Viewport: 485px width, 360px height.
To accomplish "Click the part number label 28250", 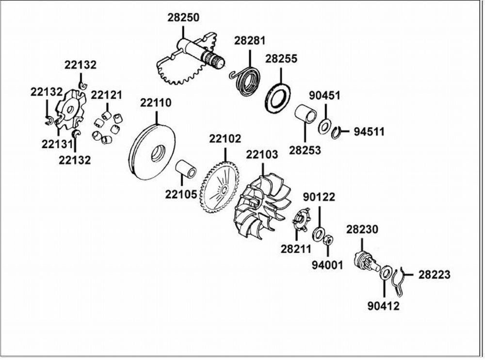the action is click(x=183, y=17).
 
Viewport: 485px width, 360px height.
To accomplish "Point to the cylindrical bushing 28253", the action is click(x=305, y=115).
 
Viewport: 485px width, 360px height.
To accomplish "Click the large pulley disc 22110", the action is click(x=151, y=153).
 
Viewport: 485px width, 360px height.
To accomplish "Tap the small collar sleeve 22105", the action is click(x=186, y=169).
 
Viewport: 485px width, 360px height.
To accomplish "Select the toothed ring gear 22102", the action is click(x=220, y=188).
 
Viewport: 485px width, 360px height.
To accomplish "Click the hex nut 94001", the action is click(x=328, y=239).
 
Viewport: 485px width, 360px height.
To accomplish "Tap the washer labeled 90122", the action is click(x=318, y=234).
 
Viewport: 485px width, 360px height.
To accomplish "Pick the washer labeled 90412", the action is click(x=386, y=273).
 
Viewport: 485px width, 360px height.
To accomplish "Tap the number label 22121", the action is click(x=106, y=95).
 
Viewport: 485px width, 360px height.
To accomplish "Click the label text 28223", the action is click(x=434, y=275).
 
